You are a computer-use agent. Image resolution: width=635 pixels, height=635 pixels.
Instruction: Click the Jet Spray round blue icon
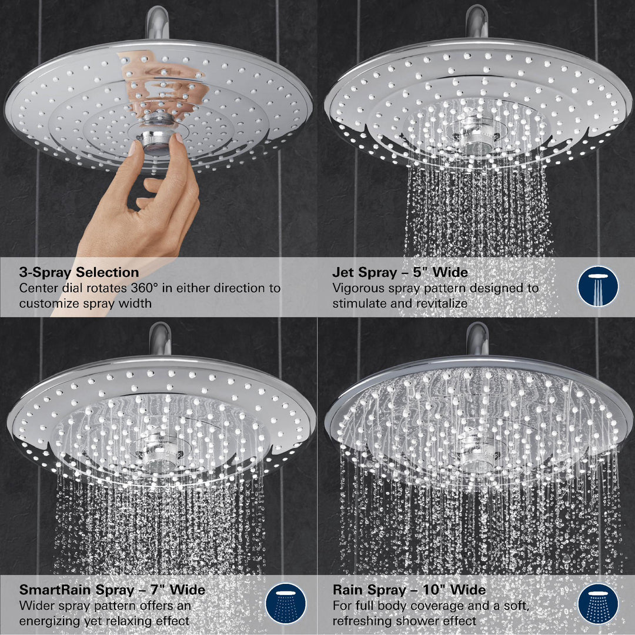[x=597, y=286]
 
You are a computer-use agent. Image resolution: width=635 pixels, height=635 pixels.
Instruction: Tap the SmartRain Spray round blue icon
[x=286, y=603]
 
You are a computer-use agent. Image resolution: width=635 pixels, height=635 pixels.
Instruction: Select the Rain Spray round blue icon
[x=597, y=603]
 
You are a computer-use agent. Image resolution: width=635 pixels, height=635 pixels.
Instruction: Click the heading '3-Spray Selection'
[x=79, y=273]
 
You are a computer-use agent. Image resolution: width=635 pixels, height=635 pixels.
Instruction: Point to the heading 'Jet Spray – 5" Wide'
[x=400, y=273]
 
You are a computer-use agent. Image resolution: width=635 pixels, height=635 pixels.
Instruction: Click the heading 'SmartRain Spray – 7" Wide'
[x=112, y=590]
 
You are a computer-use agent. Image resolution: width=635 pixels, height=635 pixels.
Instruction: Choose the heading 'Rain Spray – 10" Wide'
[x=409, y=590]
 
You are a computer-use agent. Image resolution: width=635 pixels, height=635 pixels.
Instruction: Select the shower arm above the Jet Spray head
[x=476, y=21]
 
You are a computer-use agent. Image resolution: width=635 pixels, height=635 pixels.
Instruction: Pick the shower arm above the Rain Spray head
[x=477, y=337]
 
